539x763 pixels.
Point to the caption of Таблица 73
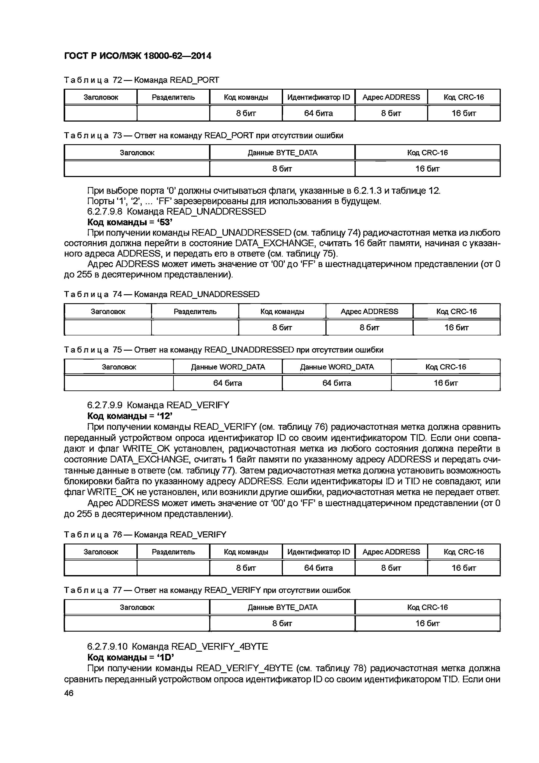[203, 136]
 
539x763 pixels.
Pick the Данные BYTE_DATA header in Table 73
[282, 152]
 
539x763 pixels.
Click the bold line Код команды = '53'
[130, 222]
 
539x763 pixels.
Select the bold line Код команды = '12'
[130, 416]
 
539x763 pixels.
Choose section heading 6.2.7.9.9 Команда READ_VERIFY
[158, 405]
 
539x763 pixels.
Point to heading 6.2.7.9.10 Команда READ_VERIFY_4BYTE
[177, 646]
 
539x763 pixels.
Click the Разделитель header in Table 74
[195, 311]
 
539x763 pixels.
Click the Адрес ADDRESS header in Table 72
[391, 97]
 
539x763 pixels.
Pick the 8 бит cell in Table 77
[282, 623]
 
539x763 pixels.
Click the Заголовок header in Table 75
[119, 367]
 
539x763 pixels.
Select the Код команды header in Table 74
[282, 311]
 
